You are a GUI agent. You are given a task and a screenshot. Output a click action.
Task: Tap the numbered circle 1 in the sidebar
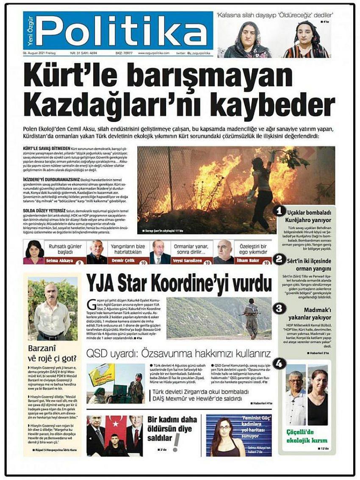pos(279,210)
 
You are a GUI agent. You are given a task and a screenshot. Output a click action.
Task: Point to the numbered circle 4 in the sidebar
pos(279,363)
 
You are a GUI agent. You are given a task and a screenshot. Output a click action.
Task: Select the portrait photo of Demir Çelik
pos(97,252)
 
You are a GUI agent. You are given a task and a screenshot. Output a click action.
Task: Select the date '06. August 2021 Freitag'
pos(41,53)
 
